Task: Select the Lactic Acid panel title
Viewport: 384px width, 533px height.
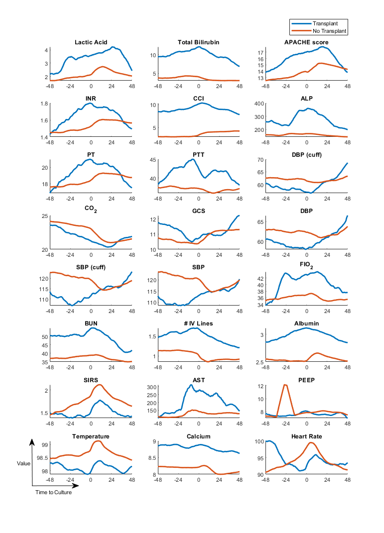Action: coord(91,42)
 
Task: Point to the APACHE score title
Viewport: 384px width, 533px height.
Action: coord(306,42)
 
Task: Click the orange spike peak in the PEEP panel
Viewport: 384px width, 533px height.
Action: coord(285,385)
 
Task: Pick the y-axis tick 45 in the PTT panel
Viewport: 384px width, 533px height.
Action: coord(153,160)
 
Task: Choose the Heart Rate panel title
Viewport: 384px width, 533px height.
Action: coord(306,436)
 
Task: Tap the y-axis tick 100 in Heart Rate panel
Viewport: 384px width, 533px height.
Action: coord(258,441)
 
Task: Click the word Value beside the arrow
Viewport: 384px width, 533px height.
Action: coord(23,463)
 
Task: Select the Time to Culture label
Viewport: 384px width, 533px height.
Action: coord(53,493)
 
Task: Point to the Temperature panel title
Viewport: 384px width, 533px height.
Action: coord(91,436)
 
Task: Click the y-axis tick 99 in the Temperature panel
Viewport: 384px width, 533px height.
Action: coord(45,445)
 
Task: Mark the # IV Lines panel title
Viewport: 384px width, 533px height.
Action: coord(198,323)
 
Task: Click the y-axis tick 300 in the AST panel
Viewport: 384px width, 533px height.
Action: coord(151,387)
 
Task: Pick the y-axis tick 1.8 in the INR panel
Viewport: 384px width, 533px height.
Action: coord(44,104)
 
